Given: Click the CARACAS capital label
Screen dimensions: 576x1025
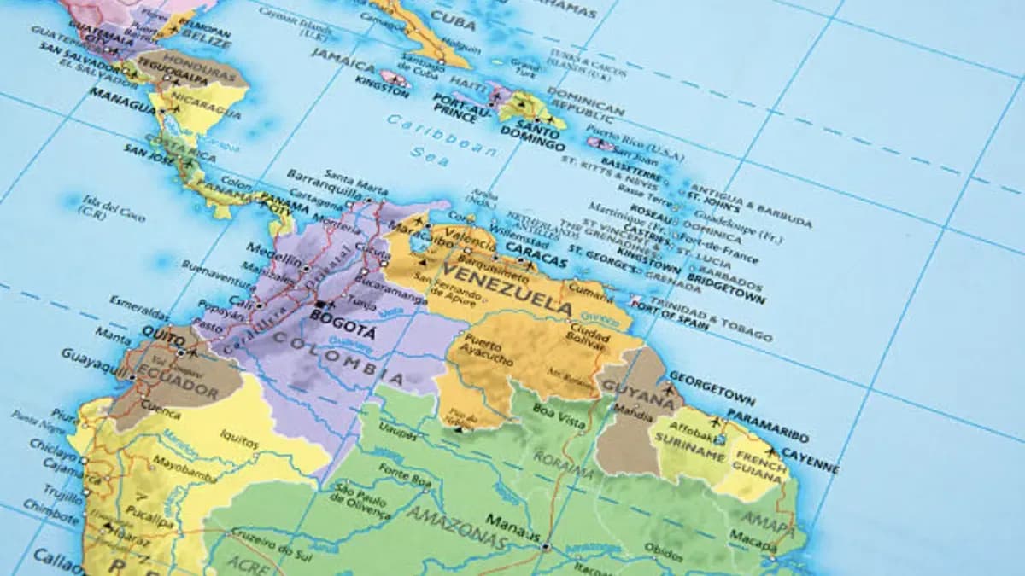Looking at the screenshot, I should [x=536, y=253].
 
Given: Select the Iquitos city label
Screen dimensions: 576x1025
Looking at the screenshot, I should [x=239, y=439].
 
